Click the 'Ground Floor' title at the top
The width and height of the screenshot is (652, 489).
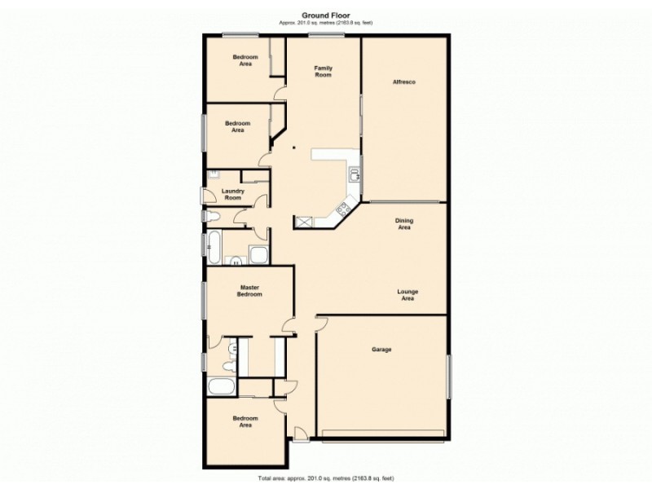(325, 14)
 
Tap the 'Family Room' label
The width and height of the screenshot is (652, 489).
(324, 72)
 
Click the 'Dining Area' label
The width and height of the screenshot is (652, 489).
(403, 224)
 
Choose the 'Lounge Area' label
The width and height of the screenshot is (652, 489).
(407, 295)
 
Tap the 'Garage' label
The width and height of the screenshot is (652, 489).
(381, 350)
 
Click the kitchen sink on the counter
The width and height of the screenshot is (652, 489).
(354, 173)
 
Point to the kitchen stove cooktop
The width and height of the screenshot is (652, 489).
(338, 211)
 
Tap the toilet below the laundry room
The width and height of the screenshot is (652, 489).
(214, 216)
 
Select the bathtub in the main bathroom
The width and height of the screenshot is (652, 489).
(214, 246)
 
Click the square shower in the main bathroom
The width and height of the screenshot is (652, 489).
(258, 255)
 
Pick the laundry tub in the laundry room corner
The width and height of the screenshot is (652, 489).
(214, 174)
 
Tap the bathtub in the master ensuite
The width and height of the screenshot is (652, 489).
(221, 386)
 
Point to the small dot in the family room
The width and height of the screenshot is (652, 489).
(295, 148)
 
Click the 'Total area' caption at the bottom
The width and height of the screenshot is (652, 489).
(325, 478)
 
